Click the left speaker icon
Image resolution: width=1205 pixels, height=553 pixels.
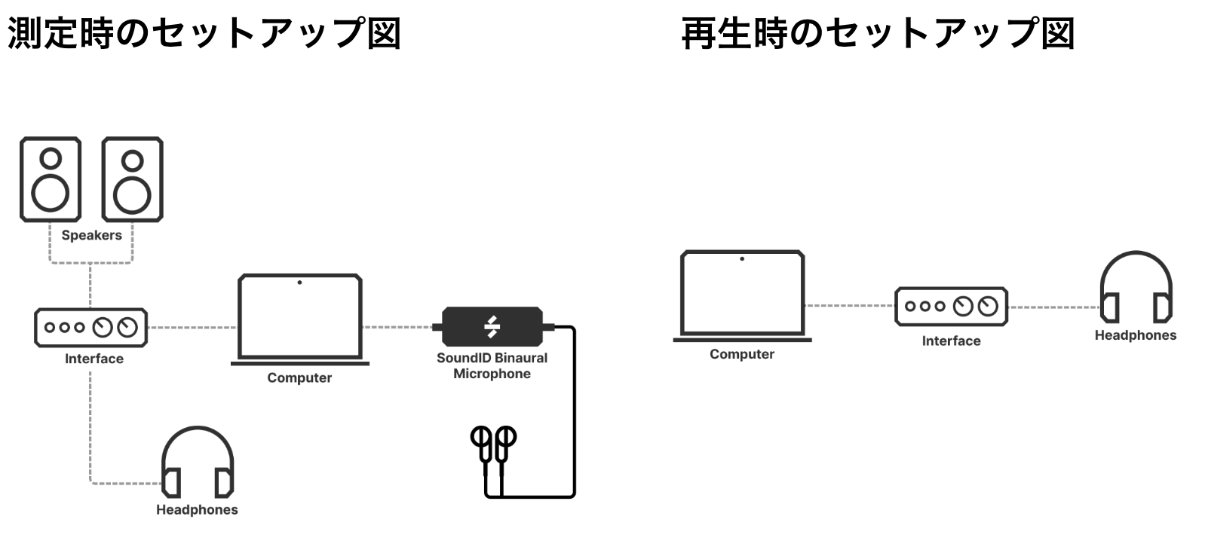[x=51, y=179]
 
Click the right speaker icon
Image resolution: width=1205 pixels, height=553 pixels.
[x=132, y=179]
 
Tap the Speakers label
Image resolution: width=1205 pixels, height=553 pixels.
[x=91, y=235]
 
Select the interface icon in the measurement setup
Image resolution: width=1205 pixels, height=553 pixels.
[x=90, y=327]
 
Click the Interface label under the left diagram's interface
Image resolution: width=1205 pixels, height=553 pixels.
[x=94, y=359]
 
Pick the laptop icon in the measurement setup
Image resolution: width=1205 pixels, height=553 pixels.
[x=300, y=319]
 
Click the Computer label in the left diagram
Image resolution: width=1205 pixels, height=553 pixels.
[x=299, y=377]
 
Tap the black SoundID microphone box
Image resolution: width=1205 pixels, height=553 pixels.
[x=492, y=326]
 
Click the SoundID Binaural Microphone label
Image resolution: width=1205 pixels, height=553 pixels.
[x=492, y=365]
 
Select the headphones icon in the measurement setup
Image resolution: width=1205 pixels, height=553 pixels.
[x=198, y=462]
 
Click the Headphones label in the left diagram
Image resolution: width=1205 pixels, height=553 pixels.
[x=197, y=509]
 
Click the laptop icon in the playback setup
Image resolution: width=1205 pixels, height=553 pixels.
[x=742, y=295]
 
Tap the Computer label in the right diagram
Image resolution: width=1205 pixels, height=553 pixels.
[x=742, y=354]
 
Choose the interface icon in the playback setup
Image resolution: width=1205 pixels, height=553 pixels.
[x=952, y=306]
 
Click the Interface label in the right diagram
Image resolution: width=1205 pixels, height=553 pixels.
[x=952, y=341]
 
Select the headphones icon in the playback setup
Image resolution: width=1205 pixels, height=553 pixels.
[x=1136, y=287]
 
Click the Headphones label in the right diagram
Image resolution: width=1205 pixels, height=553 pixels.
[x=1136, y=335]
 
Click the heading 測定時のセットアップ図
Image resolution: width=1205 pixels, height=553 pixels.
[x=204, y=33]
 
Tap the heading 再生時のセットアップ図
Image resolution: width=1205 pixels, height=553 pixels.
[x=878, y=33]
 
